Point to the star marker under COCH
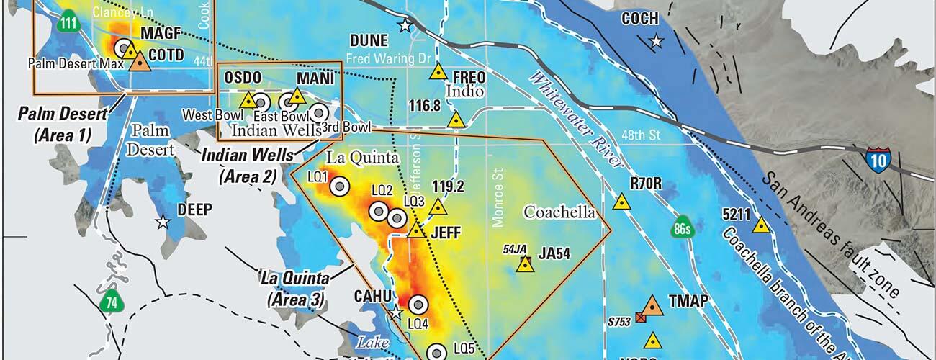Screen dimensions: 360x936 click(655, 41)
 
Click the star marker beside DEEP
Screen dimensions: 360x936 click(163, 222)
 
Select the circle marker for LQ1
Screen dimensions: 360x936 click(339, 186)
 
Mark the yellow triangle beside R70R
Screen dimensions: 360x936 click(621, 202)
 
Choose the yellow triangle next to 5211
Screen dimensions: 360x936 click(760, 225)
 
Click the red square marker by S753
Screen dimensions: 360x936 click(640, 318)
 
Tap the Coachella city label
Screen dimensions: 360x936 click(559, 212)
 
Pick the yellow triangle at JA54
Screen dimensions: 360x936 click(526, 264)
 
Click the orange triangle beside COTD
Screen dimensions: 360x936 click(140, 62)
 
